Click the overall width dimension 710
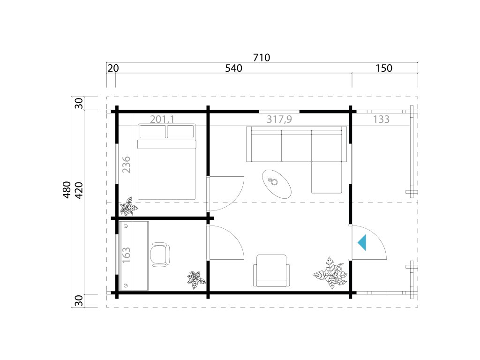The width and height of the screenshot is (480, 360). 262,58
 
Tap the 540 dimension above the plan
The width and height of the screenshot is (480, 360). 233,68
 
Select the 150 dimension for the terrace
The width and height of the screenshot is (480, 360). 383,68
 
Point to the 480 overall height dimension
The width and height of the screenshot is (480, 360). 67,190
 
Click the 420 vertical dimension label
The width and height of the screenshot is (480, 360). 79,190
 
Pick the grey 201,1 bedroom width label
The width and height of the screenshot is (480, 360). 162,119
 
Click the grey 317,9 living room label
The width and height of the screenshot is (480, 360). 279,119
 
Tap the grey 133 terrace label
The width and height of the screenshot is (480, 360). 381,119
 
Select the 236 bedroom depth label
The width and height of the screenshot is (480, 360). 126,165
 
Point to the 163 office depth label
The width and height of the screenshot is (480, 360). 126,255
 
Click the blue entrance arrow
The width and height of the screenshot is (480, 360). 362,242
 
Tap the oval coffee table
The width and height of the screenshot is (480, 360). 277,184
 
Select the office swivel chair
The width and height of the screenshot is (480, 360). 160,255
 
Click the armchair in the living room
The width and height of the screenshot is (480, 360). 271,270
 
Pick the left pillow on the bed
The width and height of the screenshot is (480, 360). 153,132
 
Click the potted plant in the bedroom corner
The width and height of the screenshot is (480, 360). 128,207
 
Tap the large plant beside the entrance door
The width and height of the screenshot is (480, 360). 330,273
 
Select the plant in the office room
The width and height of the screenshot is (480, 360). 196,279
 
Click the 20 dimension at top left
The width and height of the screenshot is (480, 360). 113,68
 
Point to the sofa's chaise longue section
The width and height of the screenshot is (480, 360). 327,177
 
